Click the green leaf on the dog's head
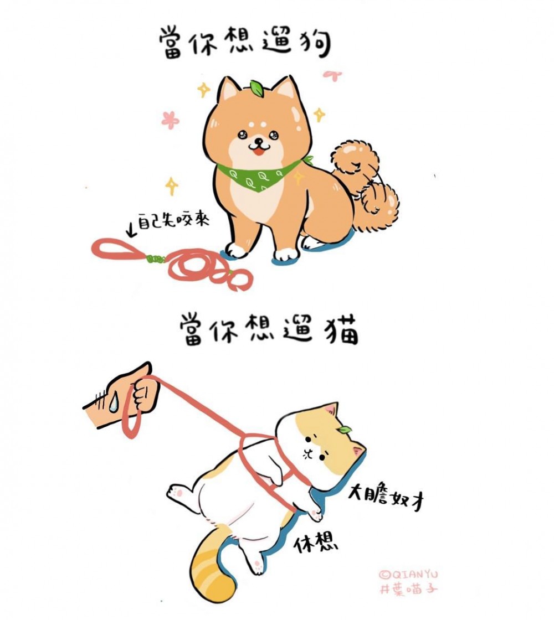point(257,87)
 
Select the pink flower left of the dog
point(170,120)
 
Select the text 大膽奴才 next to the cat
point(386,500)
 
